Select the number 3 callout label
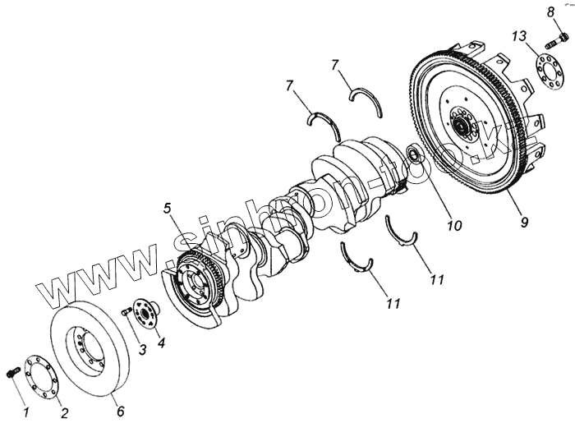[x=143, y=351]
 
